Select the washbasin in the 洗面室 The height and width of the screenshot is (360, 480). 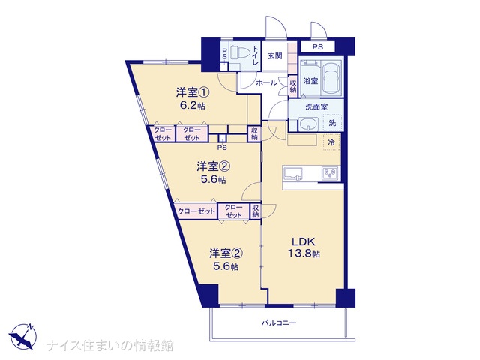tap(308, 124)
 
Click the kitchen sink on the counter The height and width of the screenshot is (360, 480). tap(293, 173)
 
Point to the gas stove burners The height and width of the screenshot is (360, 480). tap(330, 173)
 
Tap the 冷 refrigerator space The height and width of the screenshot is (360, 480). tap(331, 142)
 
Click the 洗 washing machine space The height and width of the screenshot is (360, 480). tap(332, 123)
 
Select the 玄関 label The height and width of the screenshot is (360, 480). tap(275, 56)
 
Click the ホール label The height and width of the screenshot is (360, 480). tap(267, 82)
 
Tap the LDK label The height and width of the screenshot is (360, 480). tap(303, 241)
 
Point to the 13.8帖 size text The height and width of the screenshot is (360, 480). tap(304, 253)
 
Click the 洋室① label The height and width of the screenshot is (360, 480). tap(192, 92)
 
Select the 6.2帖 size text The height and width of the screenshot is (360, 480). tap(192, 106)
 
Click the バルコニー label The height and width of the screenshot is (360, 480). tap(279, 322)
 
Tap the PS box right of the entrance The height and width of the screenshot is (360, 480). tap(318, 47)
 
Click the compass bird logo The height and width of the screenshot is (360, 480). tap(22, 336)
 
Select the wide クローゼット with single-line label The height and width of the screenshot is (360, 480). tap(196, 211)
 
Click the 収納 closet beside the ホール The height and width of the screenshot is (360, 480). tap(293, 85)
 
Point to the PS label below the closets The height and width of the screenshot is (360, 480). tap(222, 148)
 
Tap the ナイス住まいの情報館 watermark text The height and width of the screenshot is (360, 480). tap(109, 345)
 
